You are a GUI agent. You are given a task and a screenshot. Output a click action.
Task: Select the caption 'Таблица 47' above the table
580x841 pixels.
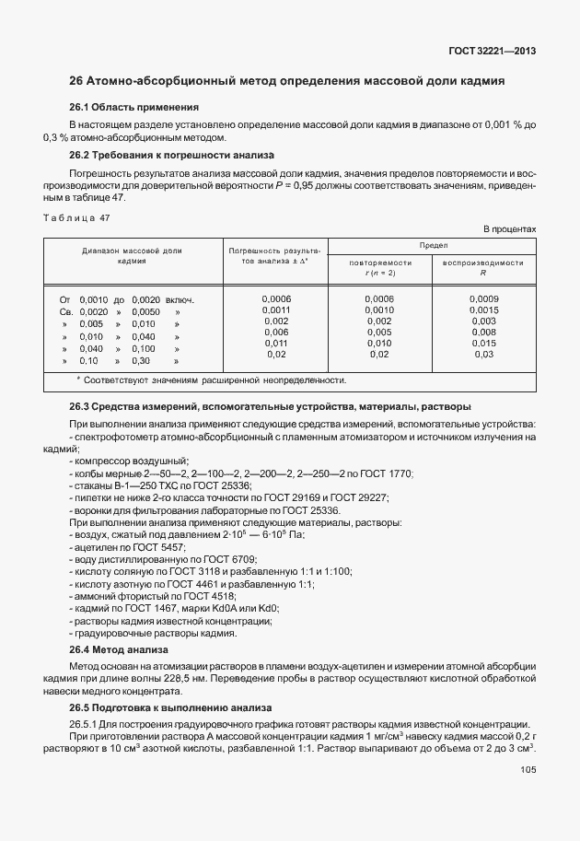point(76,217)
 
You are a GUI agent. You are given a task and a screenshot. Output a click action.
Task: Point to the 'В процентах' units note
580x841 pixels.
point(509,228)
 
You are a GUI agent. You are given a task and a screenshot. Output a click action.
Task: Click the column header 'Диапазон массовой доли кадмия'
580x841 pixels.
point(133,256)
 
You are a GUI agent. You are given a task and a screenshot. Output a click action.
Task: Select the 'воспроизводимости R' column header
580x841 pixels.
point(482,267)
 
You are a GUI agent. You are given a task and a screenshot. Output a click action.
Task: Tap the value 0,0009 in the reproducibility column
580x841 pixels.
point(483,299)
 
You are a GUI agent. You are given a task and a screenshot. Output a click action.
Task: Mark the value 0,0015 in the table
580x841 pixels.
point(483,311)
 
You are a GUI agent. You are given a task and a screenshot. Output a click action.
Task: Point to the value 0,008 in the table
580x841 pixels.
point(483,332)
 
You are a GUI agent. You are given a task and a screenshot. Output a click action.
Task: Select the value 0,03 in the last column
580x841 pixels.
point(483,355)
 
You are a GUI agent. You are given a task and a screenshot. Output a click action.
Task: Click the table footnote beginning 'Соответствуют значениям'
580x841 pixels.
point(212,380)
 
